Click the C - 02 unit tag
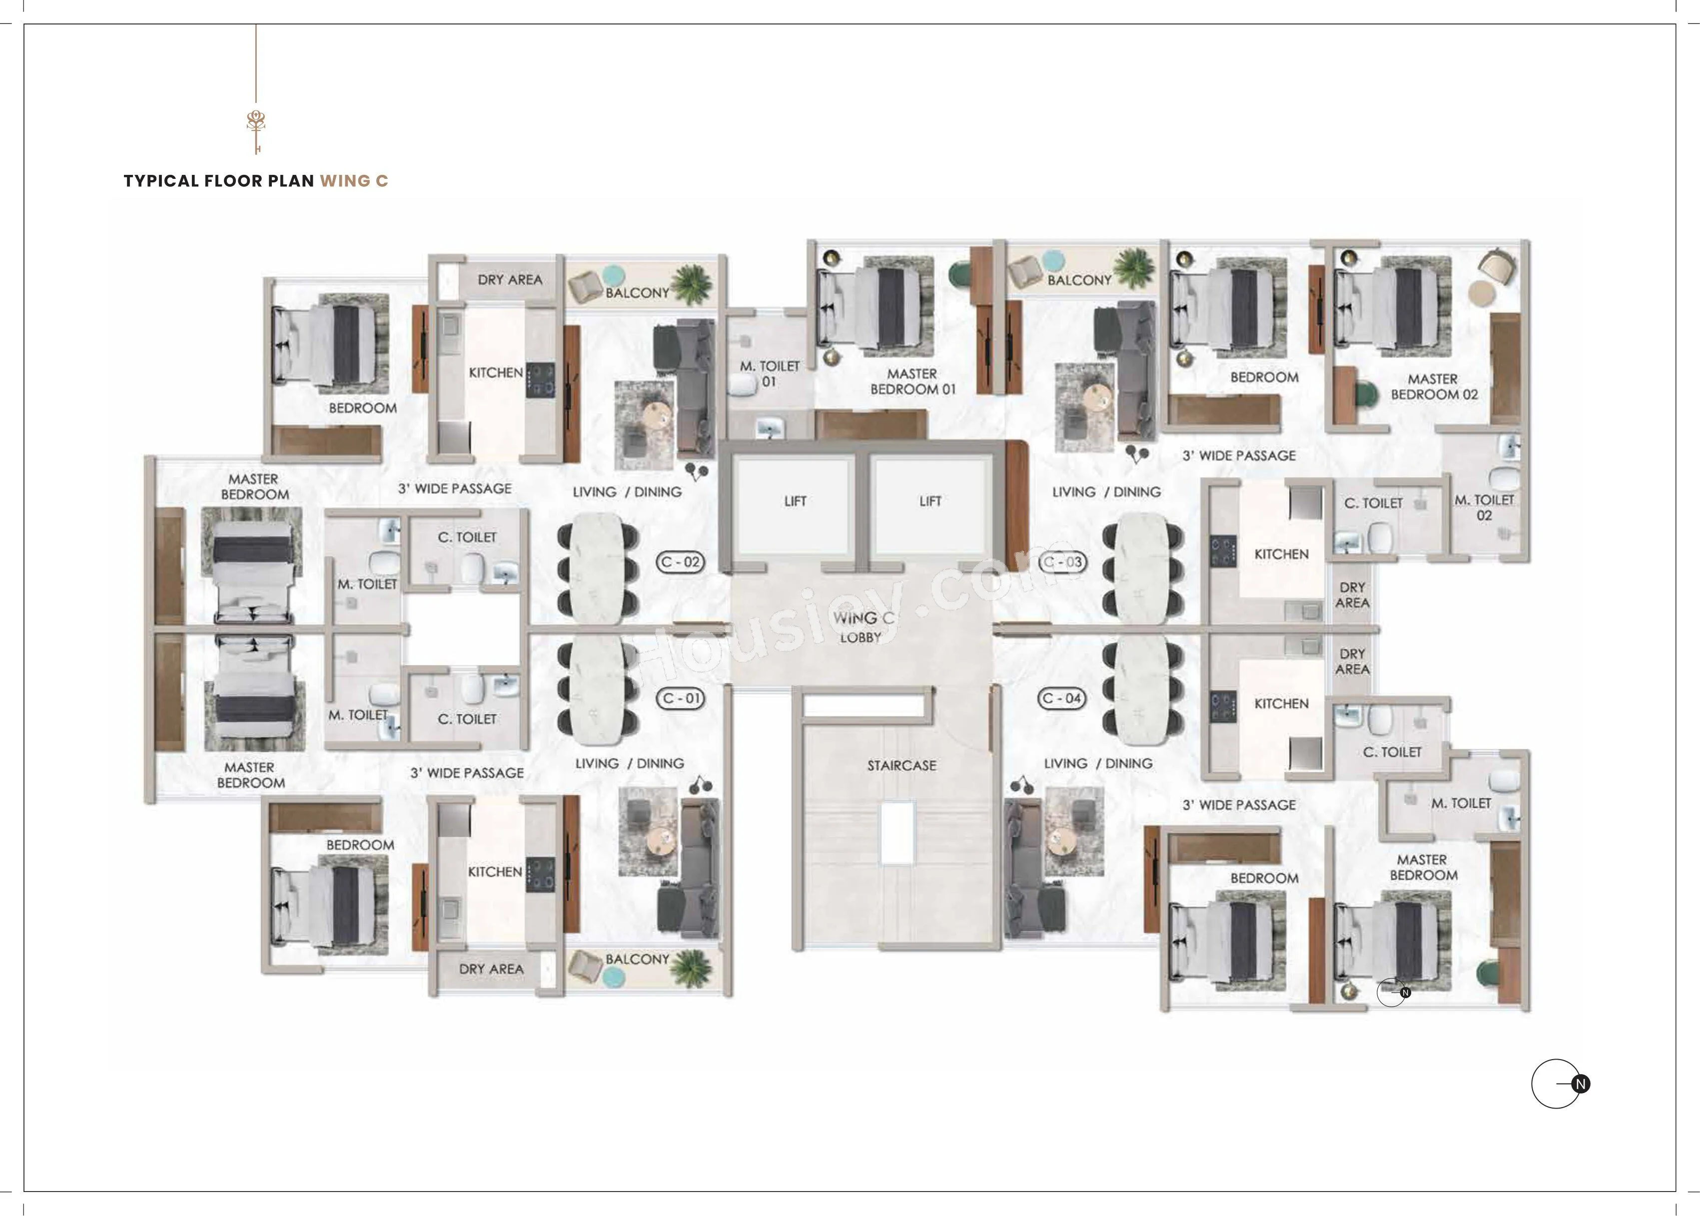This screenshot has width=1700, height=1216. click(x=680, y=562)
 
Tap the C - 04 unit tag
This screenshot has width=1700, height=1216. click(x=1062, y=698)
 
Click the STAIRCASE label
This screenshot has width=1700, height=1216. click(x=901, y=765)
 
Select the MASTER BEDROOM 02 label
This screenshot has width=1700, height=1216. click(x=1433, y=386)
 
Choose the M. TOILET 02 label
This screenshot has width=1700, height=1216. click(x=1484, y=507)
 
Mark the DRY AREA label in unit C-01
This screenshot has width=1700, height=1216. click(x=491, y=969)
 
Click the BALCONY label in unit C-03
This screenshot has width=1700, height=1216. click(x=1079, y=280)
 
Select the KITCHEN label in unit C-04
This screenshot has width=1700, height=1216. click(x=1281, y=704)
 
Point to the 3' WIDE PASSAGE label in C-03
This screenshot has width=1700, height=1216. click(x=1239, y=455)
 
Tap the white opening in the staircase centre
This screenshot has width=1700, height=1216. click(x=897, y=833)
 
